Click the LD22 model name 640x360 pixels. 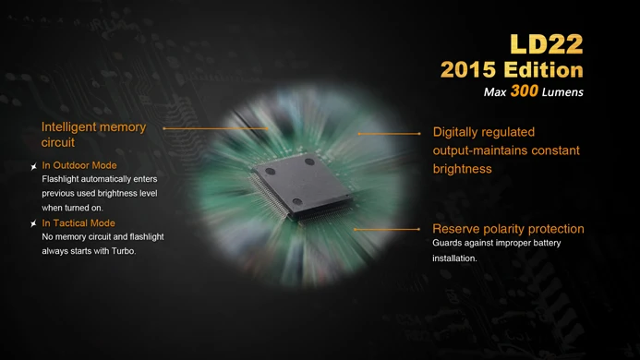point(547,44)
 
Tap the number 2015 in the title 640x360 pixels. point(468,70)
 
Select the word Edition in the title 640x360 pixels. point(544,70)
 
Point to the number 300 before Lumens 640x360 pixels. point(524,91)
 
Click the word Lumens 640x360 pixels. point(562,92)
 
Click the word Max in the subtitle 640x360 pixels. point(495,92)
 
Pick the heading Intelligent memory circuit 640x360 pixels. point(93,134)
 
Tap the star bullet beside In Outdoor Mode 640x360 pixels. point(33,166)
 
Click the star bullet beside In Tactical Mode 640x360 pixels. point(33,223)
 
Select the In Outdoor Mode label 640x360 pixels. point(79,165)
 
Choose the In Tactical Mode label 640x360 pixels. point(78,222)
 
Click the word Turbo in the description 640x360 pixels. point(123,251)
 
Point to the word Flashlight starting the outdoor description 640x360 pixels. point(60,179)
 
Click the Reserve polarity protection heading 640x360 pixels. point(508,229)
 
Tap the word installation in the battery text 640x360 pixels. point(454,258)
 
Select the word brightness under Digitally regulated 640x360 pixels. point(462,169)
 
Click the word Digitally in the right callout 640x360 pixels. point(455,133)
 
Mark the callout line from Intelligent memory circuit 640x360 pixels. point(215,128)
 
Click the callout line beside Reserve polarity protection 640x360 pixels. point(387,230)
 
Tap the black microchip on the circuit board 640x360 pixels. point(301,186)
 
